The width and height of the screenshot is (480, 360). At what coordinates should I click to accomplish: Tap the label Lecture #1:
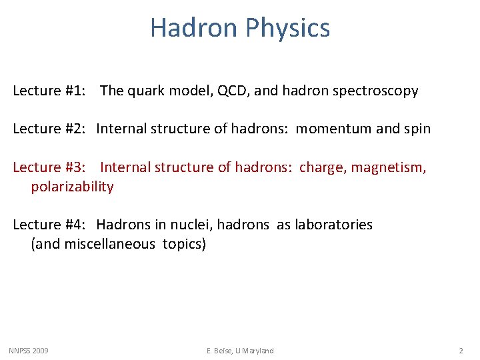click(x=49, y=91)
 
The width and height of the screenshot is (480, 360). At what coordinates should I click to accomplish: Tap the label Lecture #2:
click(x=49, y=129)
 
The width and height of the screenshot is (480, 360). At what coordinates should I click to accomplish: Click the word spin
click(x=416, y=129)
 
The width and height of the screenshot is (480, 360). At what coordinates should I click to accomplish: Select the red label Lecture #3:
click(x=49, y=167)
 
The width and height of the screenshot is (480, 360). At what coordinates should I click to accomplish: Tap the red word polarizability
click(x=72, y=187)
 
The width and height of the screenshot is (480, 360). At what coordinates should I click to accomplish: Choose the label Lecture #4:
click(x=49, y=225)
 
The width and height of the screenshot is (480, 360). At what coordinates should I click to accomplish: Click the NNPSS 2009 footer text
click(x=28, y=351)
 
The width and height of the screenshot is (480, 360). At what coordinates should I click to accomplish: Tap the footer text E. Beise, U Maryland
click(x=239, y=351)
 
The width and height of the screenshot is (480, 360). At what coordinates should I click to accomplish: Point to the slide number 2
click(x=461, y=351)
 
